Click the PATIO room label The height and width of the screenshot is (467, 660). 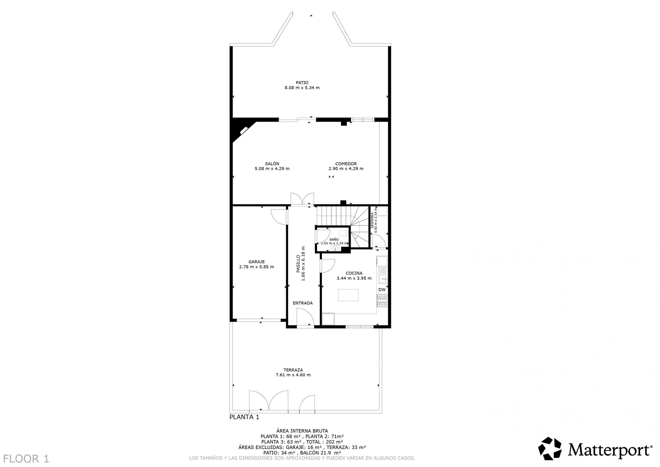click(302, 82)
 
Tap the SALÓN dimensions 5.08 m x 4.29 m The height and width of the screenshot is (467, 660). click(272, 169)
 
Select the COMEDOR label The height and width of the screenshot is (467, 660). click(346, 164)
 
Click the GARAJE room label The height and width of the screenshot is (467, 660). click(256, 262)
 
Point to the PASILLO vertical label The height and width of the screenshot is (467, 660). click(298, 263)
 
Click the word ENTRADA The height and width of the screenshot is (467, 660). click(303, 303)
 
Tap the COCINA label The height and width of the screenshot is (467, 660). click(354, 273)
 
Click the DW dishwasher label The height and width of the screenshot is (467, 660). click(382, 290)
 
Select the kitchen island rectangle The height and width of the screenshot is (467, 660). click(348, 295)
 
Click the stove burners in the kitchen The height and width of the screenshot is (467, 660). click(382, 300)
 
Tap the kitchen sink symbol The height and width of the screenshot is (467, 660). click(383, 276)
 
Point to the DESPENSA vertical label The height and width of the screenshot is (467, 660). click(372, 220)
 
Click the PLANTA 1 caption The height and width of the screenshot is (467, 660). click(244, 417)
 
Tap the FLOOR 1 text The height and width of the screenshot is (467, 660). click(27, 458)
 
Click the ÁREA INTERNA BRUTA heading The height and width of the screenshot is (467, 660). click(302, 431)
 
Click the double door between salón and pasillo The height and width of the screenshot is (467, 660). click(302, 199)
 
